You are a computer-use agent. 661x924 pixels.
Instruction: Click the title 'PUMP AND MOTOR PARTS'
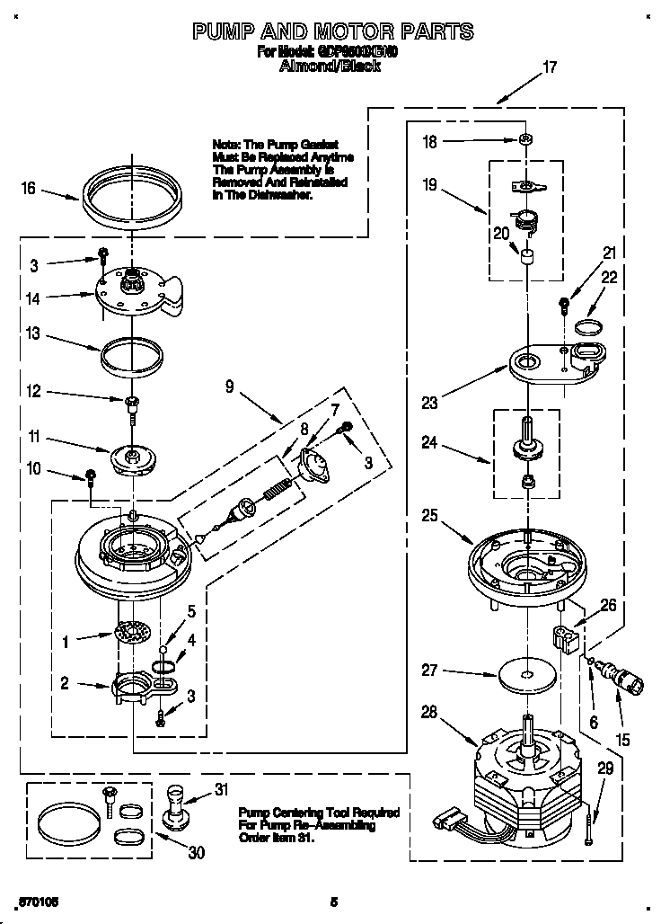click(x=333, y=32)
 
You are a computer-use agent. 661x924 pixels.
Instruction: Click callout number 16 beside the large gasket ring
click(x=29, y=188)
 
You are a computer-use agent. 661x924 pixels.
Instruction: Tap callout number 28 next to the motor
click(x=428, y=714)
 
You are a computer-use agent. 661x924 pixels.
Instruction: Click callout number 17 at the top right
click(x=550, y=66)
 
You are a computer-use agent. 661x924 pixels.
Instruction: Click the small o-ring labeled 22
click(x=588, y=324)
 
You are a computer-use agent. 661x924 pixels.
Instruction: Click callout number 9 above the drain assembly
click(x=230, y=387)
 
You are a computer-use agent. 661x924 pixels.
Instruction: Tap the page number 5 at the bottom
click(x=333, y=902)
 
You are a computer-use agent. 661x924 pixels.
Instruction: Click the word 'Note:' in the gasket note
click(x=226, y=144)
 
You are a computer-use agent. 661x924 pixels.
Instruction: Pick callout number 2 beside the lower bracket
click(x=65, y=683)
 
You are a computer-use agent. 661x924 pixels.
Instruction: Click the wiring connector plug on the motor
click(x=445, y=819)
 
